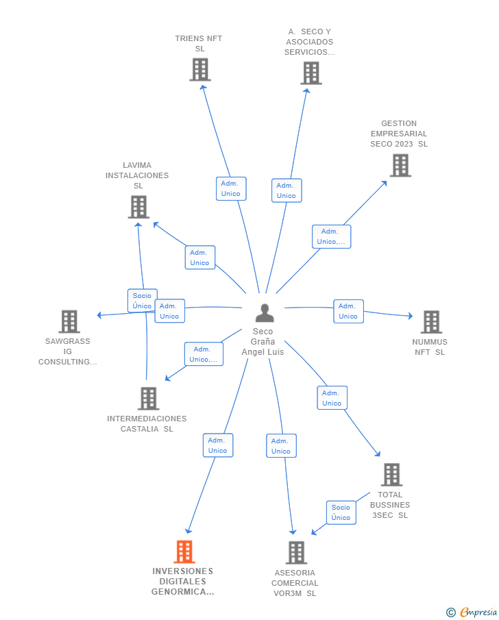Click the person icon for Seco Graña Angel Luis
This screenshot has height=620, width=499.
click(x=265, y=313)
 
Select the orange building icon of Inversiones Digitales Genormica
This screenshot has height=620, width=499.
click(x=184, y=551)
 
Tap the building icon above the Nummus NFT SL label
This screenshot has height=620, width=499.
click(x=430, y=321)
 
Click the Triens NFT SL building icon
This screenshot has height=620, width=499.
click(x=199, y=69)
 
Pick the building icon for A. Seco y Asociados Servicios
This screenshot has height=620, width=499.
click(x=311, y=73)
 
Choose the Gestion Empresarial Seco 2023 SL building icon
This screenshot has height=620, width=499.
click(x=400, y=165)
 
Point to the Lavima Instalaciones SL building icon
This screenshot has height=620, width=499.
click(x=138, y=206)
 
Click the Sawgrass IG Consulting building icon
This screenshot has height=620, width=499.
click(x=69, y=321)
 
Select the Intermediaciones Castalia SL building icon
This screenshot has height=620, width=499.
click(x=148, y=398)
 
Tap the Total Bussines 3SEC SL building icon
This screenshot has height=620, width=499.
click(x=391, y=474)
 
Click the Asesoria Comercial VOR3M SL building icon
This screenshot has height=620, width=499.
click(x=295, y=552)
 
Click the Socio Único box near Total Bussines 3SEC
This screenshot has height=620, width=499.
click(x=341, y=512)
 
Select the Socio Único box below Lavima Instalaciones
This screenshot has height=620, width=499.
click(x=142, y=301)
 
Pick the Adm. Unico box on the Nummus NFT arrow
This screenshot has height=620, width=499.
click(x=348, y=311)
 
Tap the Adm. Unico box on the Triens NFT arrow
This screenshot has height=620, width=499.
click(x=231, y=188)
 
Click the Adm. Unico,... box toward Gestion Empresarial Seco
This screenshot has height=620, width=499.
click(x=331, y=236)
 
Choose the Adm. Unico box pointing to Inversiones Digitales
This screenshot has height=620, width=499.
click(x=217, y=445)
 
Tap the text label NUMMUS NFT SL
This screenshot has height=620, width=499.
click(x=430, y=347)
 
